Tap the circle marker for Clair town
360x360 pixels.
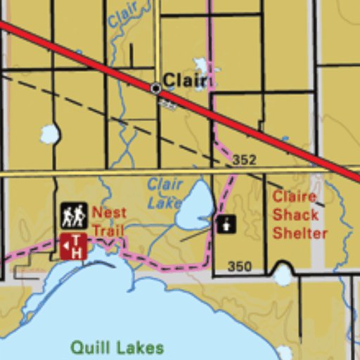[x=155, y=89]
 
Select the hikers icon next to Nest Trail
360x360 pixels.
[x=74, y=215]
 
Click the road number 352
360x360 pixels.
[x=244, y=160]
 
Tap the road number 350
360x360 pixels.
[x=240, y=266]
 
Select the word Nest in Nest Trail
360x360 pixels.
[x=109, y=212]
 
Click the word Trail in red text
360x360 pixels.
[x=108, y=231]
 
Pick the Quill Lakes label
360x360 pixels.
[x=117, y=347]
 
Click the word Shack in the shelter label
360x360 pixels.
[x=295, y=214]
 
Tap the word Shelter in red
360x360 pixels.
[x=300, y=233]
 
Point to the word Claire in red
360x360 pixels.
[x=294, y=196]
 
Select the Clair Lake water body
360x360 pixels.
[x=195, y=207]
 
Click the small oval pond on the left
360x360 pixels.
[x=49, y=134]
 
